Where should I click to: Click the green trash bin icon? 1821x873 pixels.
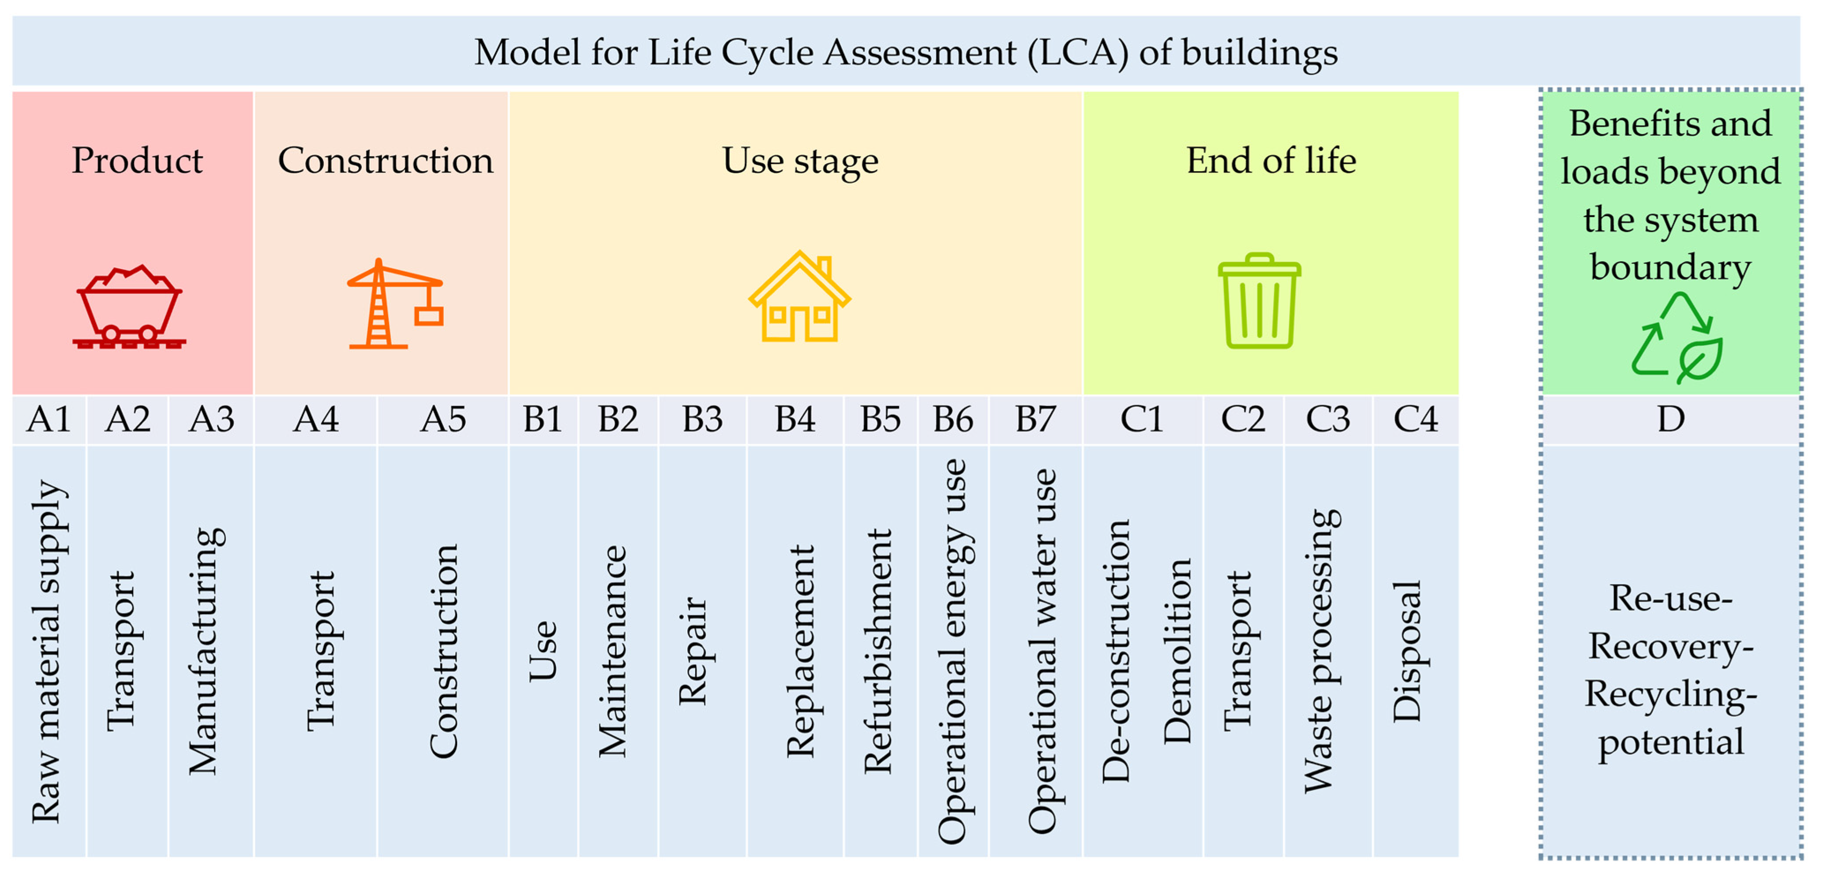click(1259, 301)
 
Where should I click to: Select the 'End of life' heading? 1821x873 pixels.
click(1270, 161)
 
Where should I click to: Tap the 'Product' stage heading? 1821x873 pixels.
click(137, 161)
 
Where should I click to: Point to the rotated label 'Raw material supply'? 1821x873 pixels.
click(48, 651)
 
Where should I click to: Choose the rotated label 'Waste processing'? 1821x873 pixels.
click(1320, 651)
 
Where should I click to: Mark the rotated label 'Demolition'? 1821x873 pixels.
click(1177, 651)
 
